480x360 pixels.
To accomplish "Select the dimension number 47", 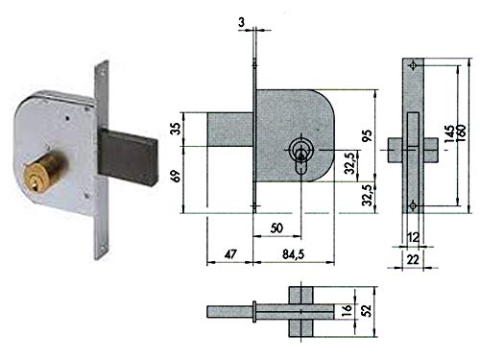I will (229, 254).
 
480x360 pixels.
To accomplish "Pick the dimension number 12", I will (413, 235).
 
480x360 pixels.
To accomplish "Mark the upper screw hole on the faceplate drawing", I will (412, 66).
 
